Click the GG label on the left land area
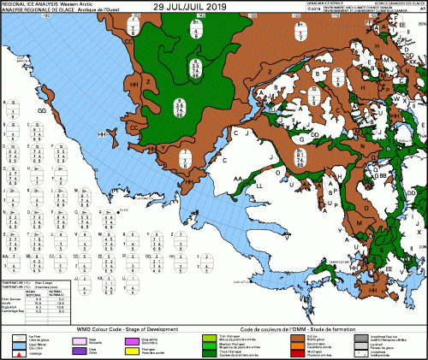coord(41,110)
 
